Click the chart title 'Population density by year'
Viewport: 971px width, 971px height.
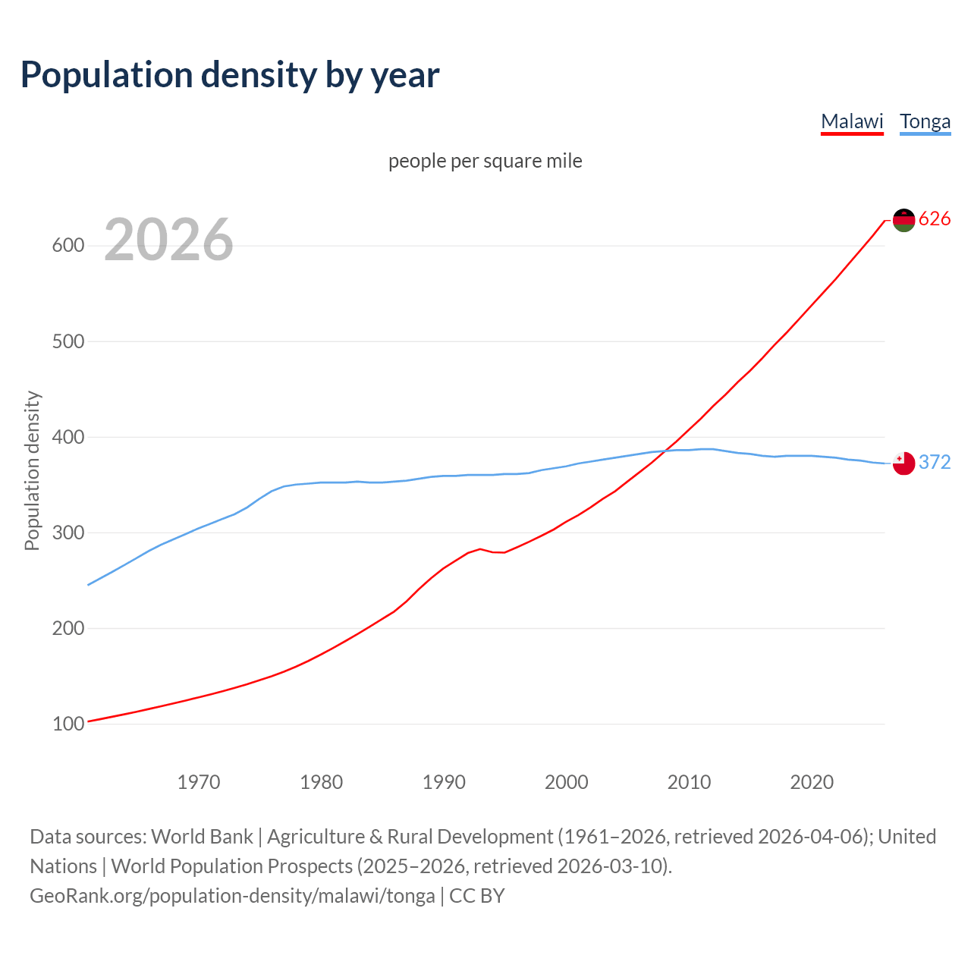tap(230, 75)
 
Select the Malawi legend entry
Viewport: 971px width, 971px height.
tap(852, 121)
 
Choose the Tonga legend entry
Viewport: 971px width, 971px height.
tap(925, 121)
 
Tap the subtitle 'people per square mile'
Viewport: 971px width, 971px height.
tap(485, 161)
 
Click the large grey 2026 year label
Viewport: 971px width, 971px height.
tap(168, 240)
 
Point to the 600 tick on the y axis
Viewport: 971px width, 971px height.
tap(68, 246)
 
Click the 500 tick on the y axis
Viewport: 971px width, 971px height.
tap(68, 341)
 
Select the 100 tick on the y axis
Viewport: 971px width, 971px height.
tap(68, 724)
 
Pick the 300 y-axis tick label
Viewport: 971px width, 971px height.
tap(68, 533)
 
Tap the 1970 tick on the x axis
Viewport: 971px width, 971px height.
tap(199, 782)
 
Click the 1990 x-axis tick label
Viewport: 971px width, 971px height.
tap(444, 782)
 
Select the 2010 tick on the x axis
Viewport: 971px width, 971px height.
tap(689, 782)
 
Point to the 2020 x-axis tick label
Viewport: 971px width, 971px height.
tap(812, 782)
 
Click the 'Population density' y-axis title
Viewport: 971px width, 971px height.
tap(32, 470)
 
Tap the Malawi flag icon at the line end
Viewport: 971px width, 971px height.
tap(903, 220)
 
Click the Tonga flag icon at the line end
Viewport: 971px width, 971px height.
tap(903, 463)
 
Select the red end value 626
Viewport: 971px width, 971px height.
tap(935, 219)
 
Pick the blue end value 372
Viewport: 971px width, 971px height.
tap(935, 462)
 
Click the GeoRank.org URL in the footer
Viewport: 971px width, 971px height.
tap(232, 896)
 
